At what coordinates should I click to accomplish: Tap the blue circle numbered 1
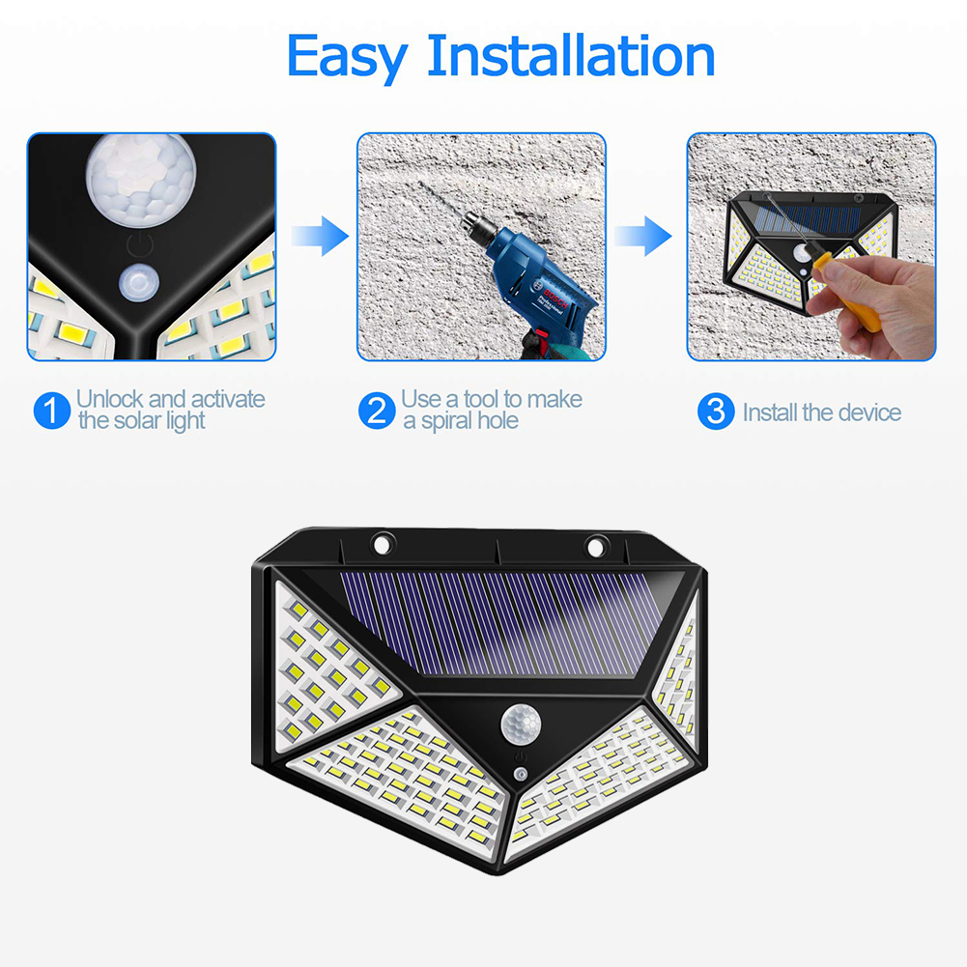(x=51, y=412)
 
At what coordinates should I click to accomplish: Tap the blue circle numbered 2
(x=376, y=412)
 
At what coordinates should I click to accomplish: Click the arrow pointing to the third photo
(x=645, y=235)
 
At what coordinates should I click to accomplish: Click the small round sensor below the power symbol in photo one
(x=139, y=283)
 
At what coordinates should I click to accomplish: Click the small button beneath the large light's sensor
(x=521, y=776)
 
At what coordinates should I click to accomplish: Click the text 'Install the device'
(x=821, y=413)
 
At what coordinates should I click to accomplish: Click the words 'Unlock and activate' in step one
(x=170, y=399)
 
